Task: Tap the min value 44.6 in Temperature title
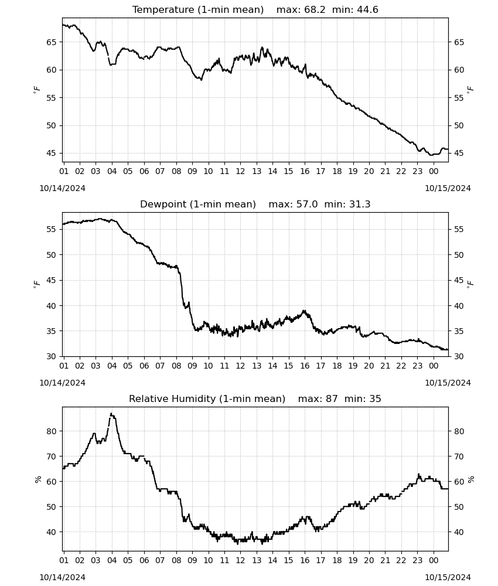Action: coord(367,9)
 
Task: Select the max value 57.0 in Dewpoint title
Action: coord(307,204)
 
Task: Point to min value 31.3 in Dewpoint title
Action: coord(360,204)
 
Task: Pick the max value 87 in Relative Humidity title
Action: coord(332,398)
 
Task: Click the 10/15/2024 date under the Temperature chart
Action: coord(448,188)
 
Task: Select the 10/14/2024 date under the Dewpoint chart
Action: coord(62,383)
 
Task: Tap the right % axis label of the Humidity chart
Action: coord(470,479)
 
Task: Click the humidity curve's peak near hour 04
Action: coord(111,414)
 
